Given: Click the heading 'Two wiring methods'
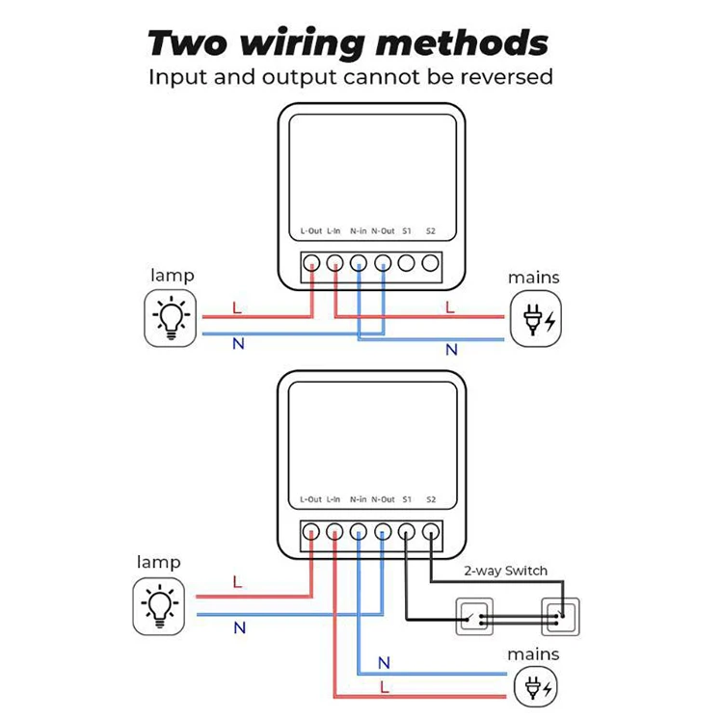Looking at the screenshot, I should coord(348,42).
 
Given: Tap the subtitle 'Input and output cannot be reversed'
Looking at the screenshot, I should coord(351,77).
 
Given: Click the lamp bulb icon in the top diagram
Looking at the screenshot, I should coord(172,319).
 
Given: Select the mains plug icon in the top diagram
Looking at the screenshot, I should coord(536,320).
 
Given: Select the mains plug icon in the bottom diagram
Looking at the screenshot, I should coord(536,688).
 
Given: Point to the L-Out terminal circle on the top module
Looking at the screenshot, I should coord(311,262).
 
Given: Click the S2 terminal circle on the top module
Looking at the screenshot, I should coord(431,262).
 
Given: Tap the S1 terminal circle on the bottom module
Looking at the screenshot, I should coord(407,531).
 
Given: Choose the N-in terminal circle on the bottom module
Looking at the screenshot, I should coord(359,531).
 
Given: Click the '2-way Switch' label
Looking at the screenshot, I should coord(505,571).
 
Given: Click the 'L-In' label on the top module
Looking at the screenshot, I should coord(335,231).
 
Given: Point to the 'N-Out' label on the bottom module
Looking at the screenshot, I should coord(383,499).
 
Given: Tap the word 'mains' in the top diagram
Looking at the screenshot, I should coord(534,278).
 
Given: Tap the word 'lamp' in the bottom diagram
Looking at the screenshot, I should coord(158,562).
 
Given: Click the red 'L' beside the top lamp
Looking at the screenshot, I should coord(237,309).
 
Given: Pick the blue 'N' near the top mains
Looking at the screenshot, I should coord(451,350).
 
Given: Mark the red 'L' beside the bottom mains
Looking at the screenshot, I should coord(385,687).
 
